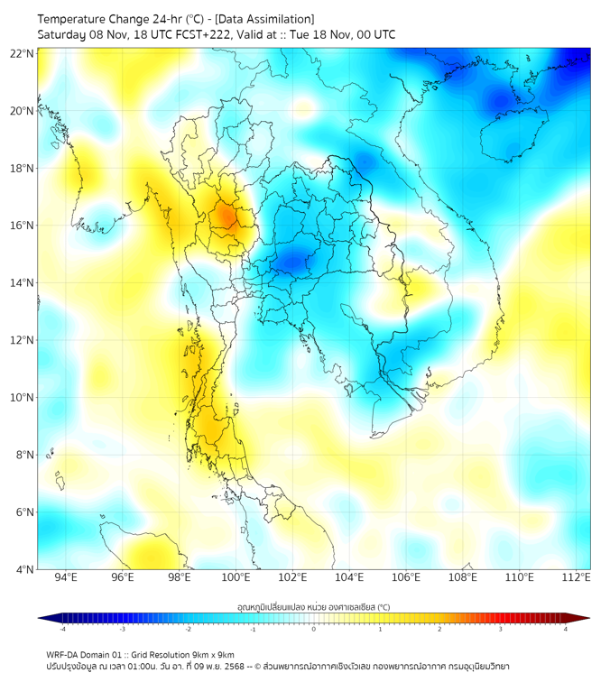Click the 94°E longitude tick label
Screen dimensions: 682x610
(66, 577)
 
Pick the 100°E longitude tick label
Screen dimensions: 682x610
(236, 577)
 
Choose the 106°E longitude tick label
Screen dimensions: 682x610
(406, 577)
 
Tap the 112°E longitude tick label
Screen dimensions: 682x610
(577, 577)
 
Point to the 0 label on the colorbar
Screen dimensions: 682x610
(314, 629)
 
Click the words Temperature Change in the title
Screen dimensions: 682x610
(87, 19)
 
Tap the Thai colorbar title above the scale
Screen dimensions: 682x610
(313, 606)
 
